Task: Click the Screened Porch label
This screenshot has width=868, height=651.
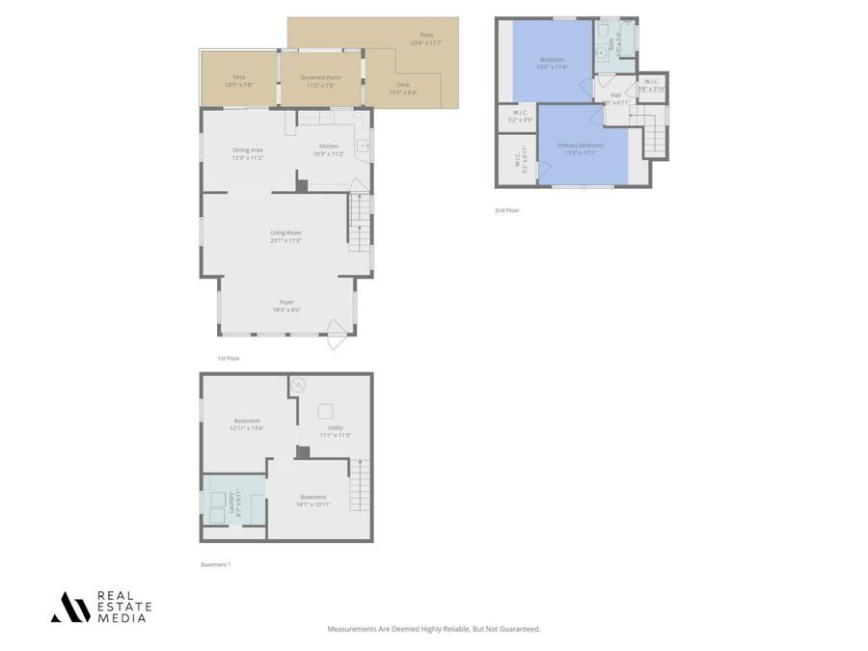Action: pyautogui.click(x=320, y=81)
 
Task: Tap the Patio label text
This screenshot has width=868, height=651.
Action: pyautogui.click(x=425, y=39)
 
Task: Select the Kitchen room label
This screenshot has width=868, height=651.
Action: pyautogui.click(x=329, y=149)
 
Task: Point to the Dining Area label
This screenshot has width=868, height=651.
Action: pyautogui.click(x=248, y=152)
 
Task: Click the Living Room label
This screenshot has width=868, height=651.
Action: pyautogui.click(x=285, y=235)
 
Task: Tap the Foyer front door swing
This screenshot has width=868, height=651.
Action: pyautogui.click(x=337, y=335)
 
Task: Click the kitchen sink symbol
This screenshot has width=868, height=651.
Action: pyautogui.click(x=363, y=148)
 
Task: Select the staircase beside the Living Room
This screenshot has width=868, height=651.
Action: pyautogui.click(x=359, y=222)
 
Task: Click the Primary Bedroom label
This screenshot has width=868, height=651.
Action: pyautogui.click(x=580, y=149)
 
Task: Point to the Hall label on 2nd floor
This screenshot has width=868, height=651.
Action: pyautogui.click(x=615, y=97)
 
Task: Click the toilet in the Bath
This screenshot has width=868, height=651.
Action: pyautogui.click(x=601, y=31)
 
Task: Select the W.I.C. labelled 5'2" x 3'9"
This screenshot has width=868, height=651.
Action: pyautogui.click(x=520, y=117)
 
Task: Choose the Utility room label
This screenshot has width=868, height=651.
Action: pyautogui.click(x=335, y=430)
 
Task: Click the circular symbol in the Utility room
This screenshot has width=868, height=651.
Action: pyautogui.click(x=299, y=384)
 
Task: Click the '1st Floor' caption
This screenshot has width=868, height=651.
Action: pyautogui.click(x=229, y=358)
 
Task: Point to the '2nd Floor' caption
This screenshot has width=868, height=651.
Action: pyautogui.click(x=506, y=209)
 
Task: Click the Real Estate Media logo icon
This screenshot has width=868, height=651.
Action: pyautogui.click(x=70, y=607)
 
